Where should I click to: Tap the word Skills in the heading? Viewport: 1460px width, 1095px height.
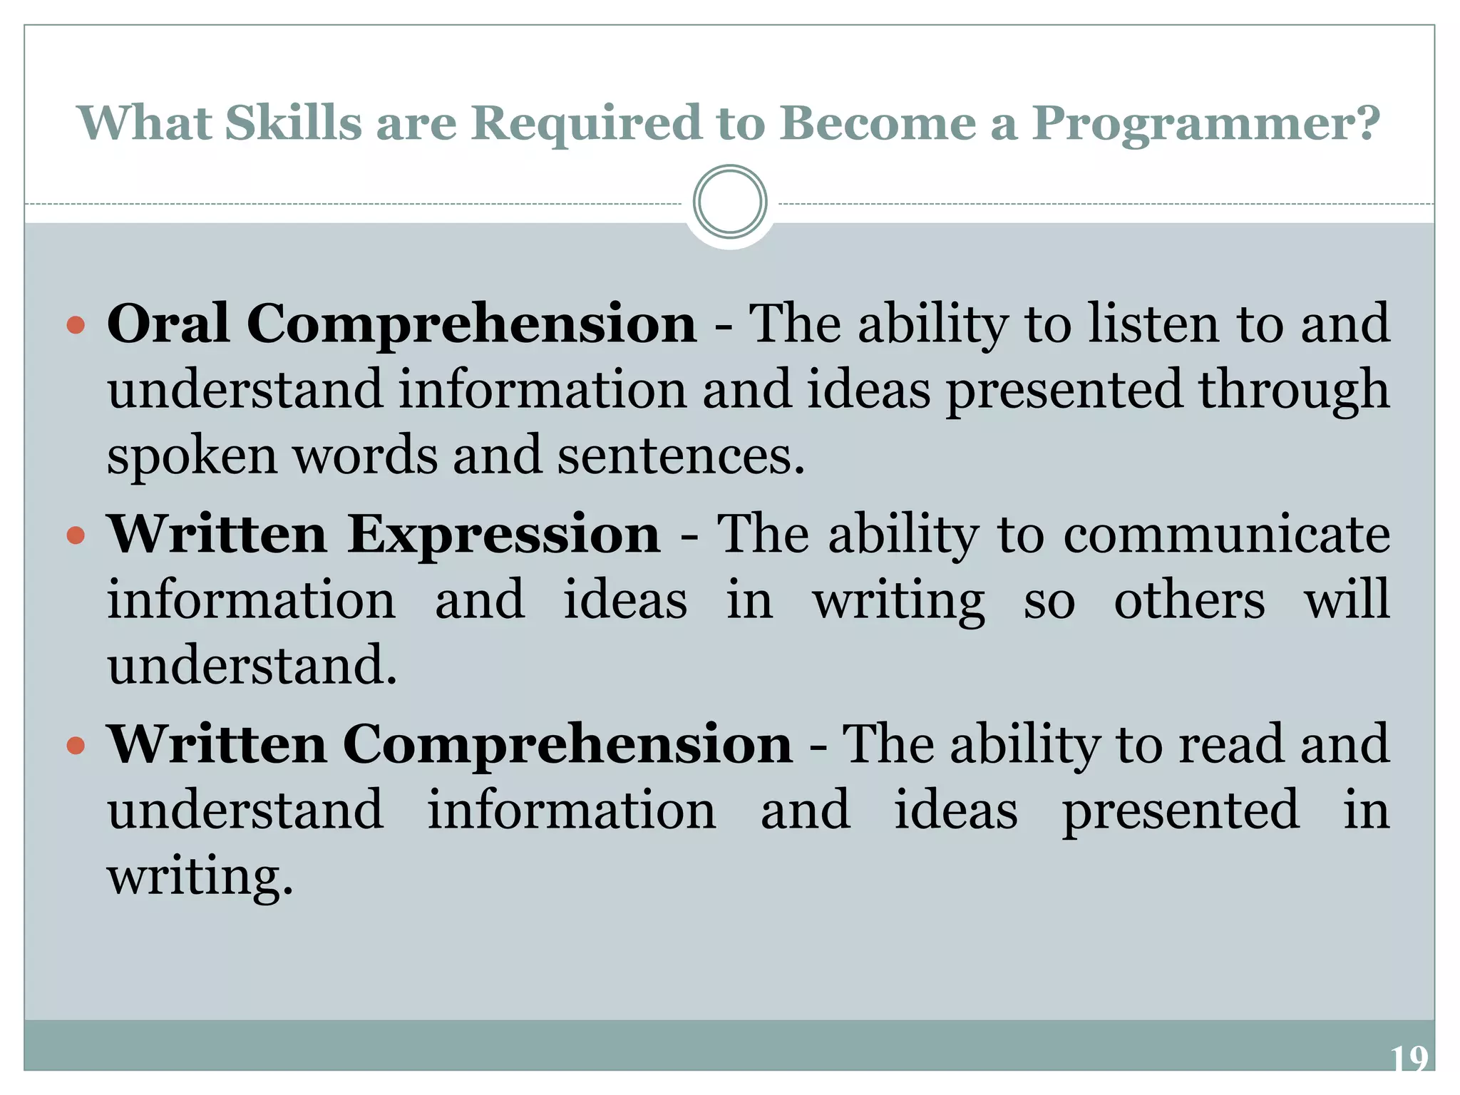coord(294,123)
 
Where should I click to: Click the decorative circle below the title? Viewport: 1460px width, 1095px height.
coord(729,202)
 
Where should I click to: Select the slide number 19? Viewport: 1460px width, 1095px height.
coord(1409,1059)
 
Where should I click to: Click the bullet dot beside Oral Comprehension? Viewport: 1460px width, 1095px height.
coord(76,327)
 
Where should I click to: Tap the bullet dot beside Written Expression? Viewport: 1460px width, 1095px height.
coord(76,535)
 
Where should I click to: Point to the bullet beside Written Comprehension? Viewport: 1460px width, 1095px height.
coord(76,746)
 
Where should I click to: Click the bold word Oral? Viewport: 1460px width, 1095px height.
coord(168,324)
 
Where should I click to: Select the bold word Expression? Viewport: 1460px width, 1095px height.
coord(503,534)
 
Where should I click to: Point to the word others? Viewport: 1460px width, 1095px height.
coord(1189,600)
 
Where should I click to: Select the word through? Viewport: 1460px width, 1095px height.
coord(1293,391)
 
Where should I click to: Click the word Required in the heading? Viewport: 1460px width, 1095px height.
coord(586,123)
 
